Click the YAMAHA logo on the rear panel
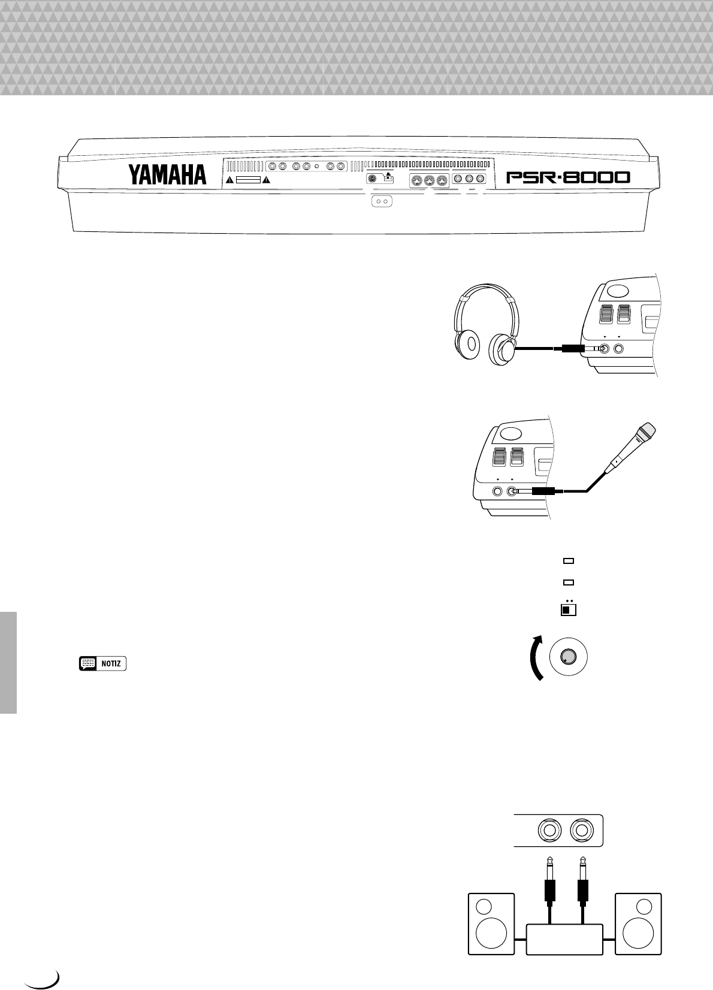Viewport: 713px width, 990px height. (167, 175)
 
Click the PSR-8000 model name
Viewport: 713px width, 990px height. (568, 177)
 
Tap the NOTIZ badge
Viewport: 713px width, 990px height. (102, 663)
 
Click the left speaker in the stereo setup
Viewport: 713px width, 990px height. (490, 923)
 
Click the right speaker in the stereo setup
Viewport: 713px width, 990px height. (639, 923)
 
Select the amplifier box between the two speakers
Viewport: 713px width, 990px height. (564, 939)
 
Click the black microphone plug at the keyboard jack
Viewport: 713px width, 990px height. (541, 491)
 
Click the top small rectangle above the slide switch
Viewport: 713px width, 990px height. (569, 561)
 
